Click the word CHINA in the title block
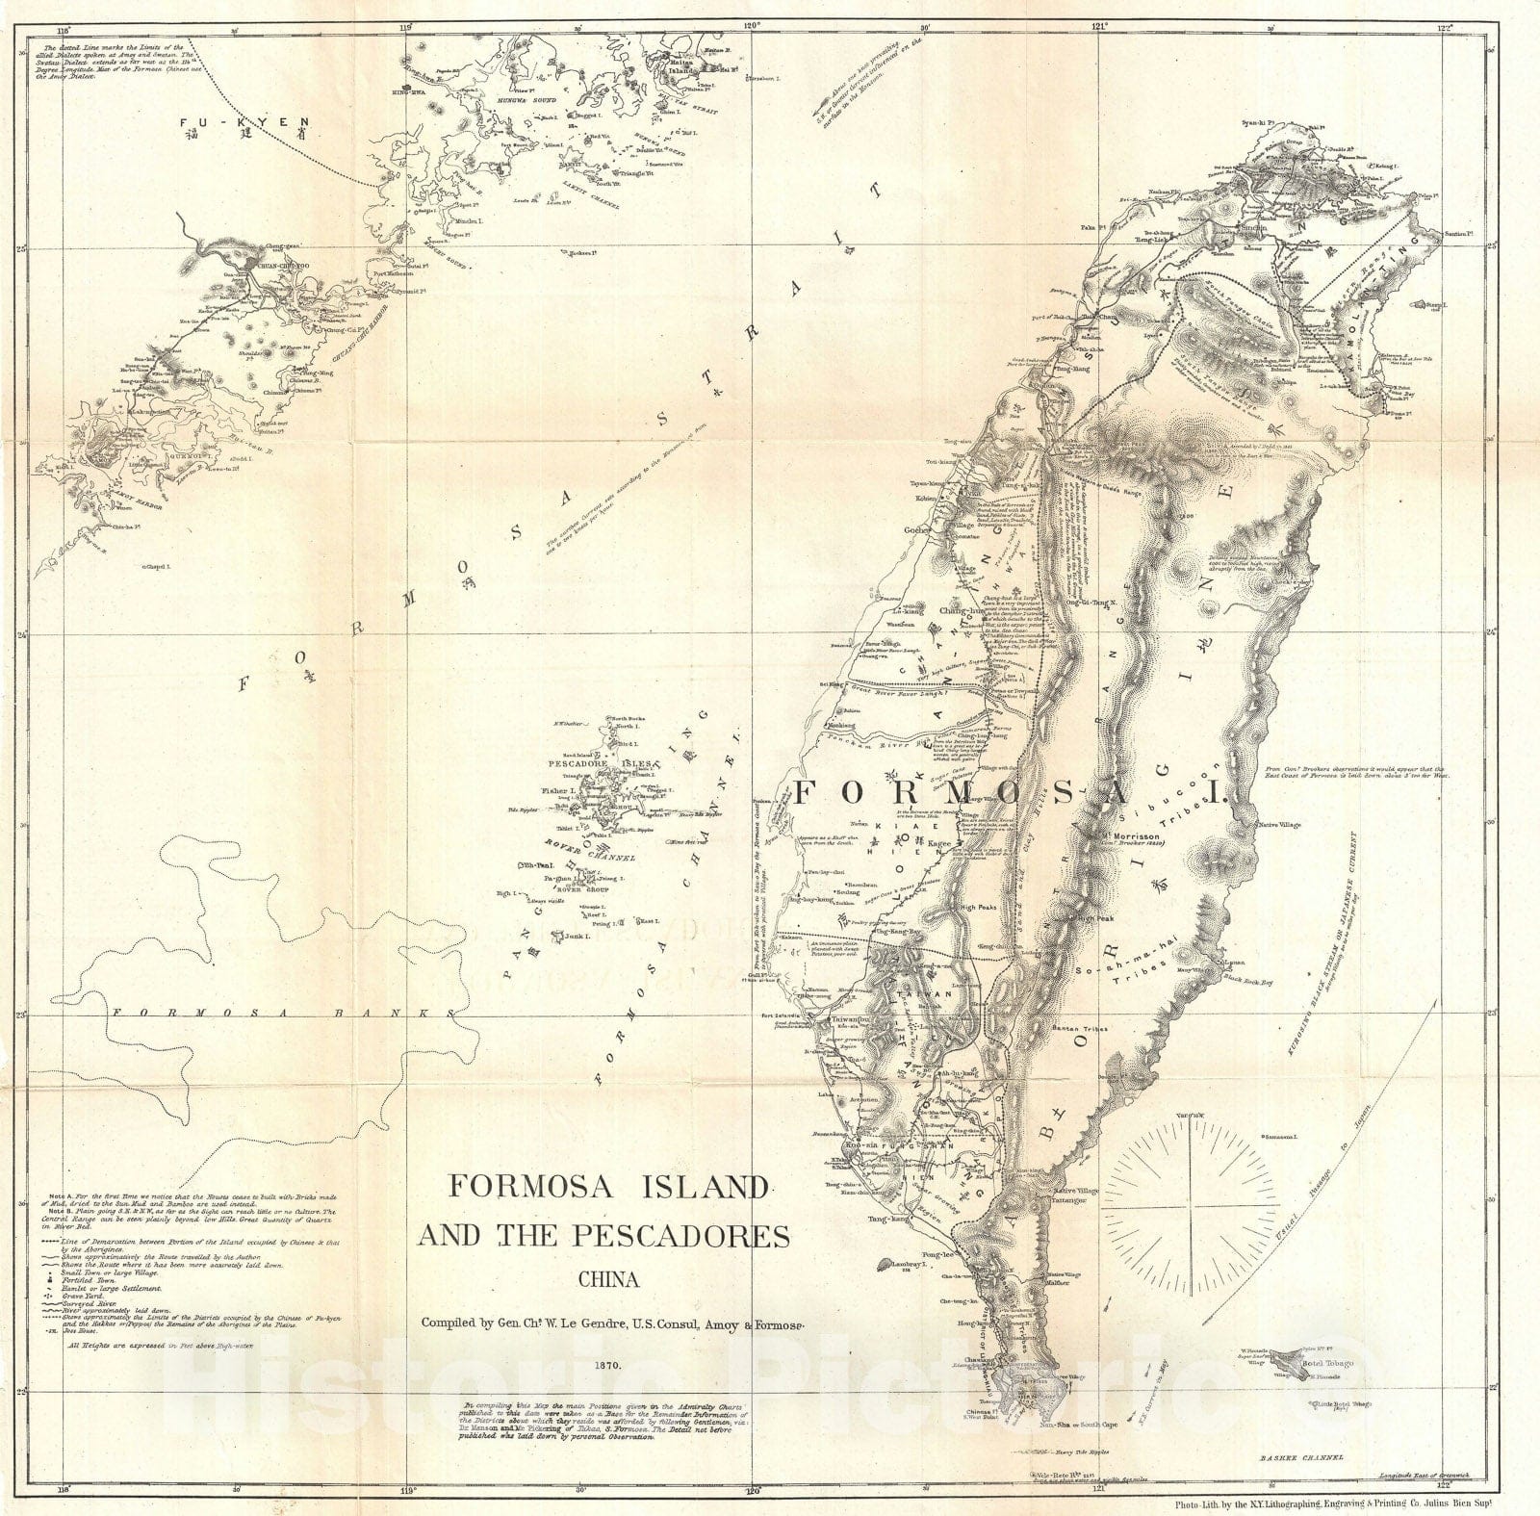(606, 1280)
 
